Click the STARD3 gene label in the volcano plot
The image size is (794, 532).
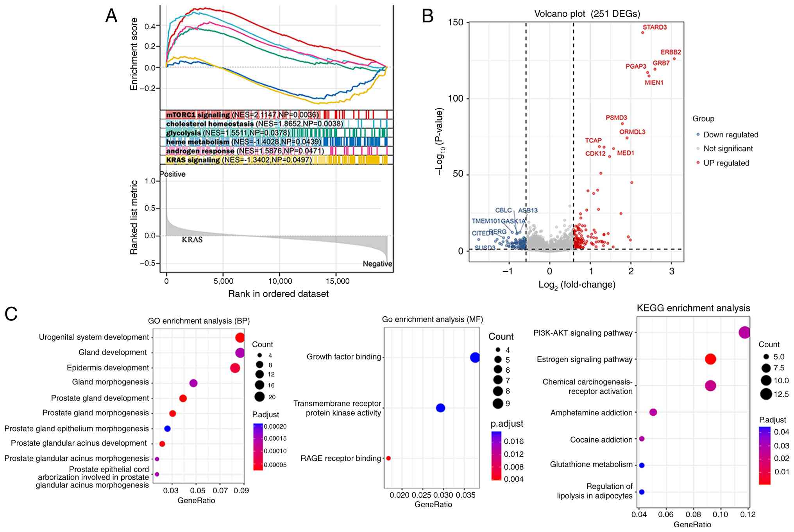point(655,27)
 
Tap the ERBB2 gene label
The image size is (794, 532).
point(671,52)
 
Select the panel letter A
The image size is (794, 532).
point(111,16)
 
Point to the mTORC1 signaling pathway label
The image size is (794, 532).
point(198,115)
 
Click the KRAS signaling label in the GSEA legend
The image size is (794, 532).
point(193,160)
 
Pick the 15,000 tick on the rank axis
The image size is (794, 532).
point(337,281)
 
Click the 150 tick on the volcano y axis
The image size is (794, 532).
point(455,22)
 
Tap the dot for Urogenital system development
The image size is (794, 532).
point(240,338)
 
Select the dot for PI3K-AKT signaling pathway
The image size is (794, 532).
point(744,333)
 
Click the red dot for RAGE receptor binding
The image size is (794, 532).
point(388,458)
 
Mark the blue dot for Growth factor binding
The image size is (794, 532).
point(475,357)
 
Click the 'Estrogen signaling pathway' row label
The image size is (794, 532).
point(585,359)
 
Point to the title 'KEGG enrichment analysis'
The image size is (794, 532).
point(693,308)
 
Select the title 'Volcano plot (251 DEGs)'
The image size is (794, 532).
point(587,14)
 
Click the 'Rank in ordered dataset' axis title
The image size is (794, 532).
point(278,294)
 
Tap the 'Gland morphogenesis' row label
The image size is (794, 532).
point(110,382)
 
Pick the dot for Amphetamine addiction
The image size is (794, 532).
point(653,412)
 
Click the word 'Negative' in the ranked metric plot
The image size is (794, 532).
point(377,264)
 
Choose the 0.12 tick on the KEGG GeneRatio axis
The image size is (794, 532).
point(748,514)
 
